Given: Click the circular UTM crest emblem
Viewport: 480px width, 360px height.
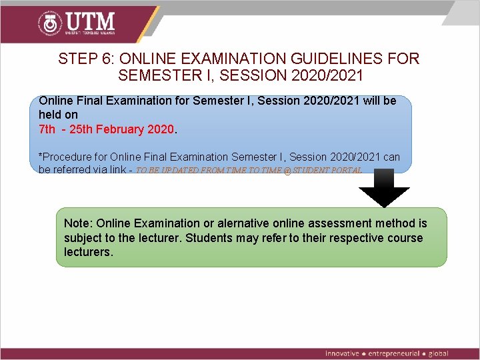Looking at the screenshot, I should point(49,25).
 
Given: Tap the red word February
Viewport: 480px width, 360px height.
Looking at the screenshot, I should point(120,129).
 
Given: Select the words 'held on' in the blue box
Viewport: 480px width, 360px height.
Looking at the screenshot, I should point(58,115).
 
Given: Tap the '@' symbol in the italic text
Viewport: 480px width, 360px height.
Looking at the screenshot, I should point(288,171).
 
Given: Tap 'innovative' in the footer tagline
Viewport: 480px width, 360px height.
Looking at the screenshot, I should point(342,353).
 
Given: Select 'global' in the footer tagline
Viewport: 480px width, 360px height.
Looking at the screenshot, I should point(439,353).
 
